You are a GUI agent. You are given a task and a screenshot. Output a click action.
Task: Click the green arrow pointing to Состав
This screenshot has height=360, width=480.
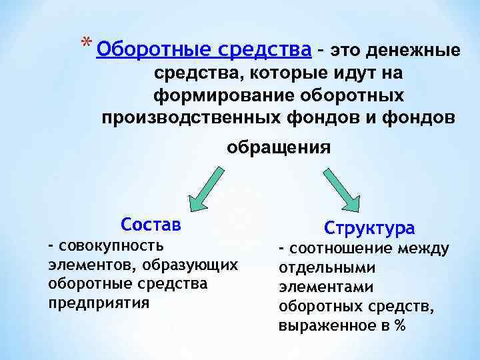pyautogui.click(x=204, y=187)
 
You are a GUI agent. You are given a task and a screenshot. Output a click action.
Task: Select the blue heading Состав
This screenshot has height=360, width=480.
pyautogui.click(x=151, y=224)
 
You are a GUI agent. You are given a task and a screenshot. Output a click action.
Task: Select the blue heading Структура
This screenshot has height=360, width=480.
pyautogui.click(x=369, y=228)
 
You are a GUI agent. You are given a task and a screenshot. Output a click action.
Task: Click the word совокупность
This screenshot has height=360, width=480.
pyautogui.click(x=113, y=247)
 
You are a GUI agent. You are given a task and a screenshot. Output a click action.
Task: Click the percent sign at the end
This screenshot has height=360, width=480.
pyautogui.click(x=401, y=326)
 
